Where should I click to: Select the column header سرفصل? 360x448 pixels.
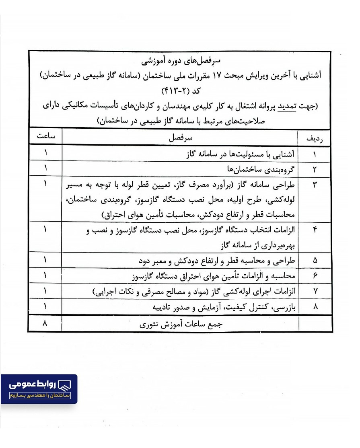click(x=180, y=138)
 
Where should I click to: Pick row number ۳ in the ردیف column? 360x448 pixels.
click(x=315, y=185)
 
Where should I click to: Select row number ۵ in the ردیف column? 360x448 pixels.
click(x=315, y=261)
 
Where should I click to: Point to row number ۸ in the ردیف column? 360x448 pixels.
click(x=315, y=307)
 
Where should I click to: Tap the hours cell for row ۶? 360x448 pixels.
click(x=45, y=276)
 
